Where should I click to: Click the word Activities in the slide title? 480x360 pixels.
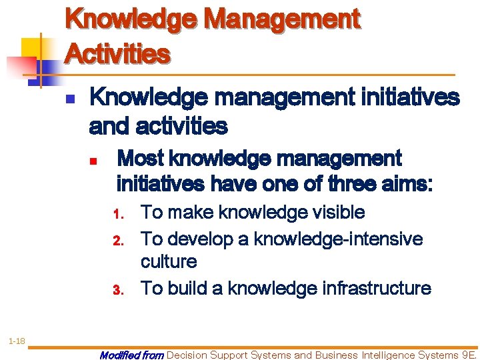117,53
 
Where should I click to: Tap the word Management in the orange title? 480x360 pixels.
283,19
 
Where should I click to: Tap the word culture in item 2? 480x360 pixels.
169,262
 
